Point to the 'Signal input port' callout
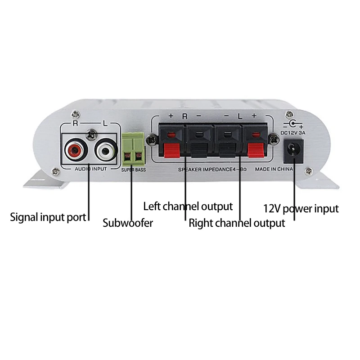point(48,217)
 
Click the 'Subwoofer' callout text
point(128,223)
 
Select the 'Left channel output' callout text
point(188,207)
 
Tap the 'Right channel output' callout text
point(237,223)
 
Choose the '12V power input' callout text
point(301,208)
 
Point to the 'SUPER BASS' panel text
point(134,170)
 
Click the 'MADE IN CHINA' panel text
point(274,169)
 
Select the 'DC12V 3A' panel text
point(293,132)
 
